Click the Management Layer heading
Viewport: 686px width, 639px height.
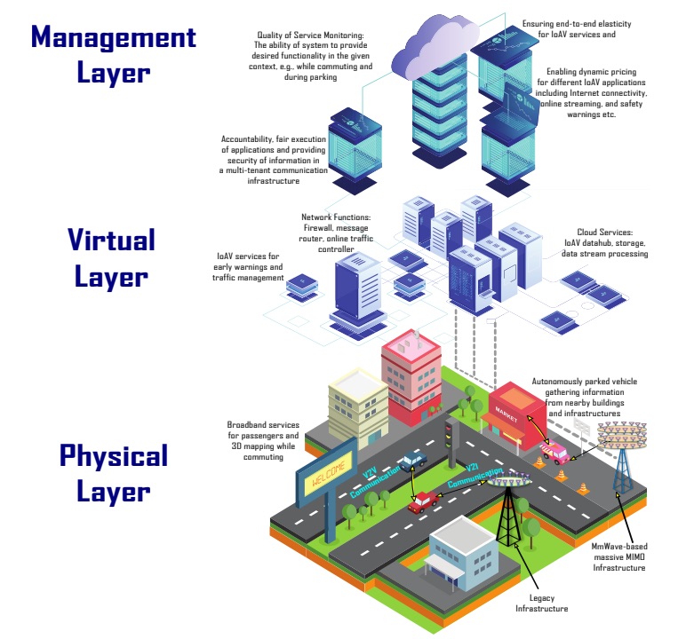point(114,54)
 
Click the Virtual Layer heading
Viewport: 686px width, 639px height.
point(112,258)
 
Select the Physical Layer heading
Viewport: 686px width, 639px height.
point(114,474)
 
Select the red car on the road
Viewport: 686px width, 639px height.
point(423,501)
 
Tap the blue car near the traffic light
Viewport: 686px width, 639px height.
point(412,461)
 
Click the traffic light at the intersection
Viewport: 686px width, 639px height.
point(451,441)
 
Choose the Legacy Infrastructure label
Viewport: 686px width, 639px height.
point(542,603)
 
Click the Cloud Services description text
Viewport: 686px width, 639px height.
point(604,242)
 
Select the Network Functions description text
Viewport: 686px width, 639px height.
point(336,233)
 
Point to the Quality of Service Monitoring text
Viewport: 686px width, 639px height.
point(311,56)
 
